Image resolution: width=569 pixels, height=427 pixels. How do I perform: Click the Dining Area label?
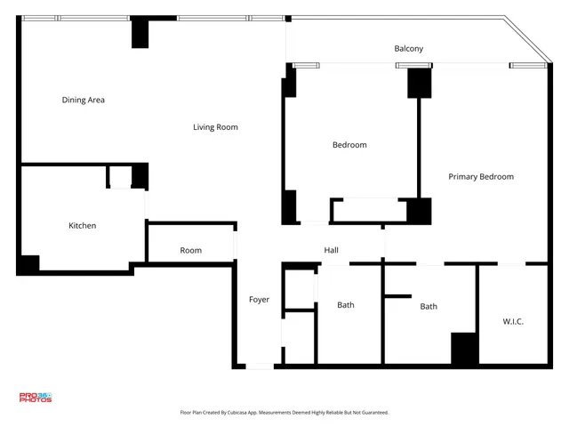[84, 101]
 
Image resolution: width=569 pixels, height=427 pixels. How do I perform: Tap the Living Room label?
[215, 127]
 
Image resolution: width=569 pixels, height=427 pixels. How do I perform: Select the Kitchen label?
[83, 226]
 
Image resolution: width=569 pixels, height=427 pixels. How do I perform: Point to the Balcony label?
[409, 49]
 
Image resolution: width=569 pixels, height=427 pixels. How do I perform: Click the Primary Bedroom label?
[480, 177]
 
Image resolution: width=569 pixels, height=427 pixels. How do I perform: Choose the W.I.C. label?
[513, 321]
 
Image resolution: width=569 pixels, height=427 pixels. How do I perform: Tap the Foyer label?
[259, 300]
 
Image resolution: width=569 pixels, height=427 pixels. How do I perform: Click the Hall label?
[331, 251]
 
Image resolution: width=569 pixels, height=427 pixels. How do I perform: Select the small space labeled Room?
[190, 251]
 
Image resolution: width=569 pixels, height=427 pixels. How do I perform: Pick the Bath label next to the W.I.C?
[429, 307]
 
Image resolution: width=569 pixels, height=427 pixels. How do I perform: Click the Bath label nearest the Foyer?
[346, 305]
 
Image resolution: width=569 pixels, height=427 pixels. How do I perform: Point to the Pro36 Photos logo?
[36, 398]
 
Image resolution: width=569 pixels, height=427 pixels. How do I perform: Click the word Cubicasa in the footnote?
[236, 413]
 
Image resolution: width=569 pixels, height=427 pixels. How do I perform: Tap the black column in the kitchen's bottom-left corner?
[28, 264]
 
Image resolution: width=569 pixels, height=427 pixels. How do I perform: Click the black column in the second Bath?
[464, 348]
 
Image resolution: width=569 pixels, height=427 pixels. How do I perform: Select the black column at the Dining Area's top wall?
[140, 33]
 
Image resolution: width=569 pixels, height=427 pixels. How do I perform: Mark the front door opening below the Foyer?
[260, 366]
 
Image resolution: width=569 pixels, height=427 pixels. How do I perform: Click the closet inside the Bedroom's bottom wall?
[368, 211]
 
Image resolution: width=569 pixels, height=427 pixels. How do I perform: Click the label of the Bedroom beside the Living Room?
[349, 145]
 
